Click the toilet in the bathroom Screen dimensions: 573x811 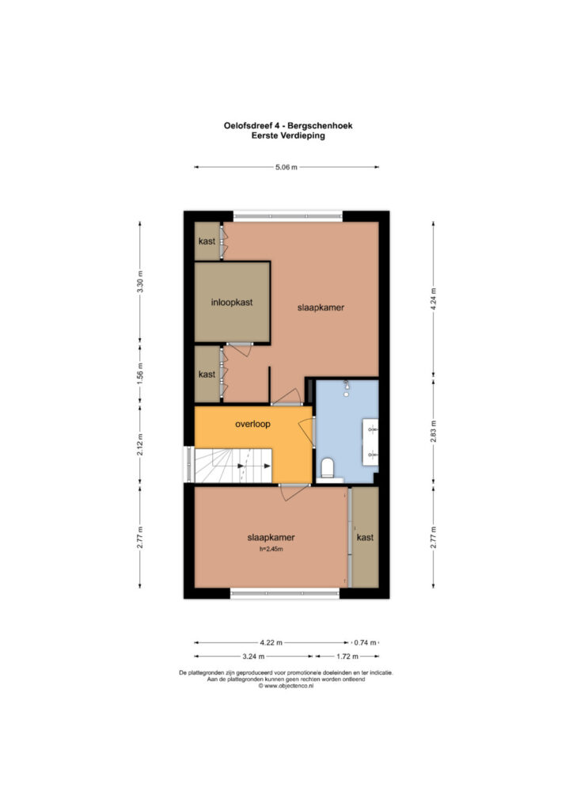(328, 468)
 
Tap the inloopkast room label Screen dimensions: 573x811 (232, 302)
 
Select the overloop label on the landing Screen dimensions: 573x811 (252, 425)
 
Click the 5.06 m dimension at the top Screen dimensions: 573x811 (286, 167)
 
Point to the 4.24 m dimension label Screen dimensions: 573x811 (434, 299)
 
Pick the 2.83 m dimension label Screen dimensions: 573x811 (434, 431)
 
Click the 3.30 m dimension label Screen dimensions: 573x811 (140, 282)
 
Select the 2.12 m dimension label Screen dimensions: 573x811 (140, 445)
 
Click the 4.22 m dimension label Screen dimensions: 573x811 (271, 642)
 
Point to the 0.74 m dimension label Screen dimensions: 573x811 (365, 642)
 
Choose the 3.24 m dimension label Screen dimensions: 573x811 (253, 657)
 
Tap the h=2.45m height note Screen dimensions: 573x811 (271, 549)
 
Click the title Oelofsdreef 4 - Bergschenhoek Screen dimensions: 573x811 (288, 125)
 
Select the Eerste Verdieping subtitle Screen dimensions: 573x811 (288, 135)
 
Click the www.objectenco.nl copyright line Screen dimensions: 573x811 (286, 686)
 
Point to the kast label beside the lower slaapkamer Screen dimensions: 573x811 (365, 538)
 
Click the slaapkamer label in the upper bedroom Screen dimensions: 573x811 (321, 307)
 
